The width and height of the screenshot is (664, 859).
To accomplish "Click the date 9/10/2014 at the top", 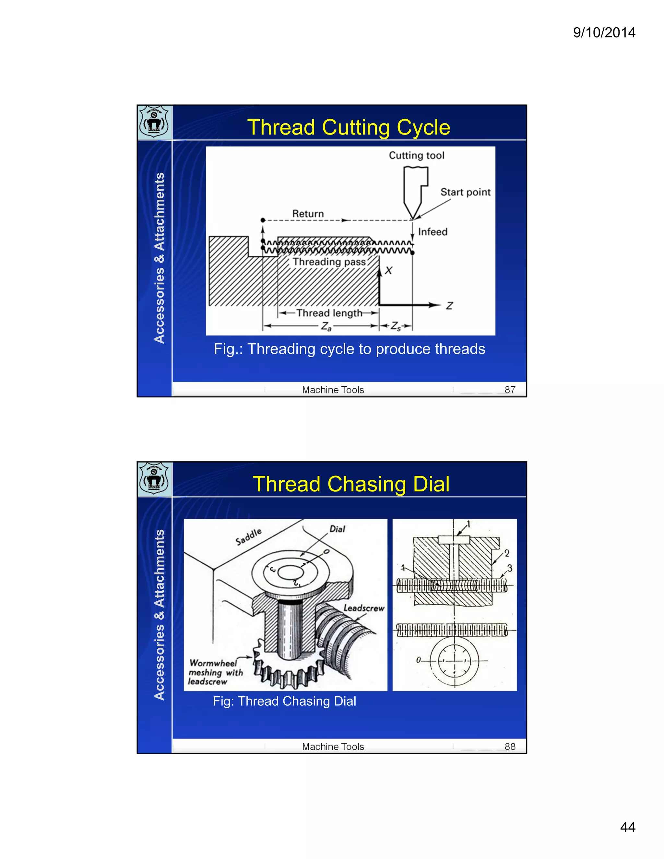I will pos(604,32).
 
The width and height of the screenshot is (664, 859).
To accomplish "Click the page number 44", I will pos(627,827).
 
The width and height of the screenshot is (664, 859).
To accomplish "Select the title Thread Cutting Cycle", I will pos(349,127).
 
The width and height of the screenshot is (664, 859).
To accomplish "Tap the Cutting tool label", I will pos(416,155).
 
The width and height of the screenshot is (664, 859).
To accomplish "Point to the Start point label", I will pos(465,192).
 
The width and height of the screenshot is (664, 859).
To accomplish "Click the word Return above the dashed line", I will pos(308,214).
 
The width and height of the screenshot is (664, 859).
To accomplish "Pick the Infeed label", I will pos(433,232).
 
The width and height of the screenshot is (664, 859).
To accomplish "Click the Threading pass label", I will pos(329,262).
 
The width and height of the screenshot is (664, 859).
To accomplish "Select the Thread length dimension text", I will pos(329,313).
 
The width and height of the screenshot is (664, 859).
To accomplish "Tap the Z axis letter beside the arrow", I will pos(449,306).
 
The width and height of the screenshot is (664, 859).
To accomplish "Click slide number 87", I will pos(510,390).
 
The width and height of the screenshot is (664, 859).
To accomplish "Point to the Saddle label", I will pos(249,537).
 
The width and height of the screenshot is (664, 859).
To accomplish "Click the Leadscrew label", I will pos(363,608).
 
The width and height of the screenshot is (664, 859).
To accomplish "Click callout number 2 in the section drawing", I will pos(507,553).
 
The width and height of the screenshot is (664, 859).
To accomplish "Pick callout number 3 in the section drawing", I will pos(509,568).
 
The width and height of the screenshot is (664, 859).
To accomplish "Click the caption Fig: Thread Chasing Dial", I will pos(284,701).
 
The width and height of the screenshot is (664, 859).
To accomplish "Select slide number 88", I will pos(510,747).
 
